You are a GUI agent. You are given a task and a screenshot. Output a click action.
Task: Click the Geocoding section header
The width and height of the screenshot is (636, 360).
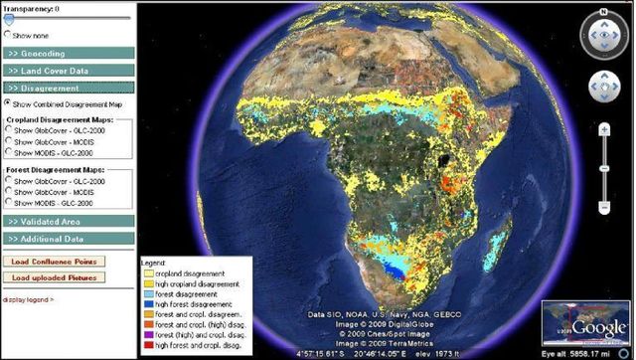click(68, 53)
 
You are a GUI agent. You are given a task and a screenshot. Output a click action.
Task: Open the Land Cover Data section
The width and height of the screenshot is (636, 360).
click(68, 71)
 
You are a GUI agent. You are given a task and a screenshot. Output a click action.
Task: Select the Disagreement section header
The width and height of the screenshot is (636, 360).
click(68, 89)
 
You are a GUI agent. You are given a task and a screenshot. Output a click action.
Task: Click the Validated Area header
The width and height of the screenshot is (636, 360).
click(68, 221)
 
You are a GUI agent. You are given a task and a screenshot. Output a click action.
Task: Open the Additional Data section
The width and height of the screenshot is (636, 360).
click(68, 239)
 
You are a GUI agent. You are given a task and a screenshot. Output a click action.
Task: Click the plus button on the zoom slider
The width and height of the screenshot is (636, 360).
click(604, 130)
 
